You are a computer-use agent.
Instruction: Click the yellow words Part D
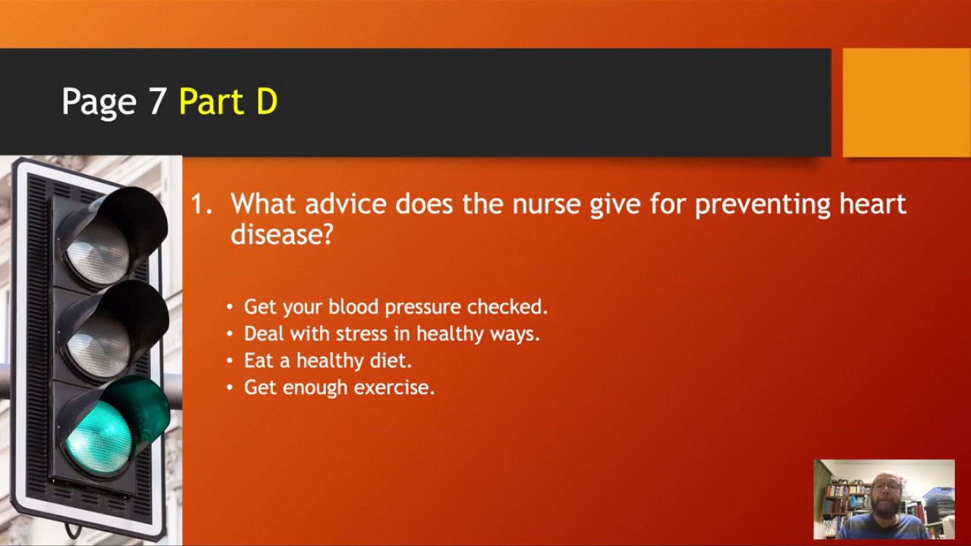228,102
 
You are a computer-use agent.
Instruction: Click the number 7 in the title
158,102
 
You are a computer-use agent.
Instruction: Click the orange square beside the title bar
906,102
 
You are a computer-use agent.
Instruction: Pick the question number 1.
200,204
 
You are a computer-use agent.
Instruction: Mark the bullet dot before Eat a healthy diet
231,361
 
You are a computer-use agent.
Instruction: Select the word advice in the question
346,204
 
